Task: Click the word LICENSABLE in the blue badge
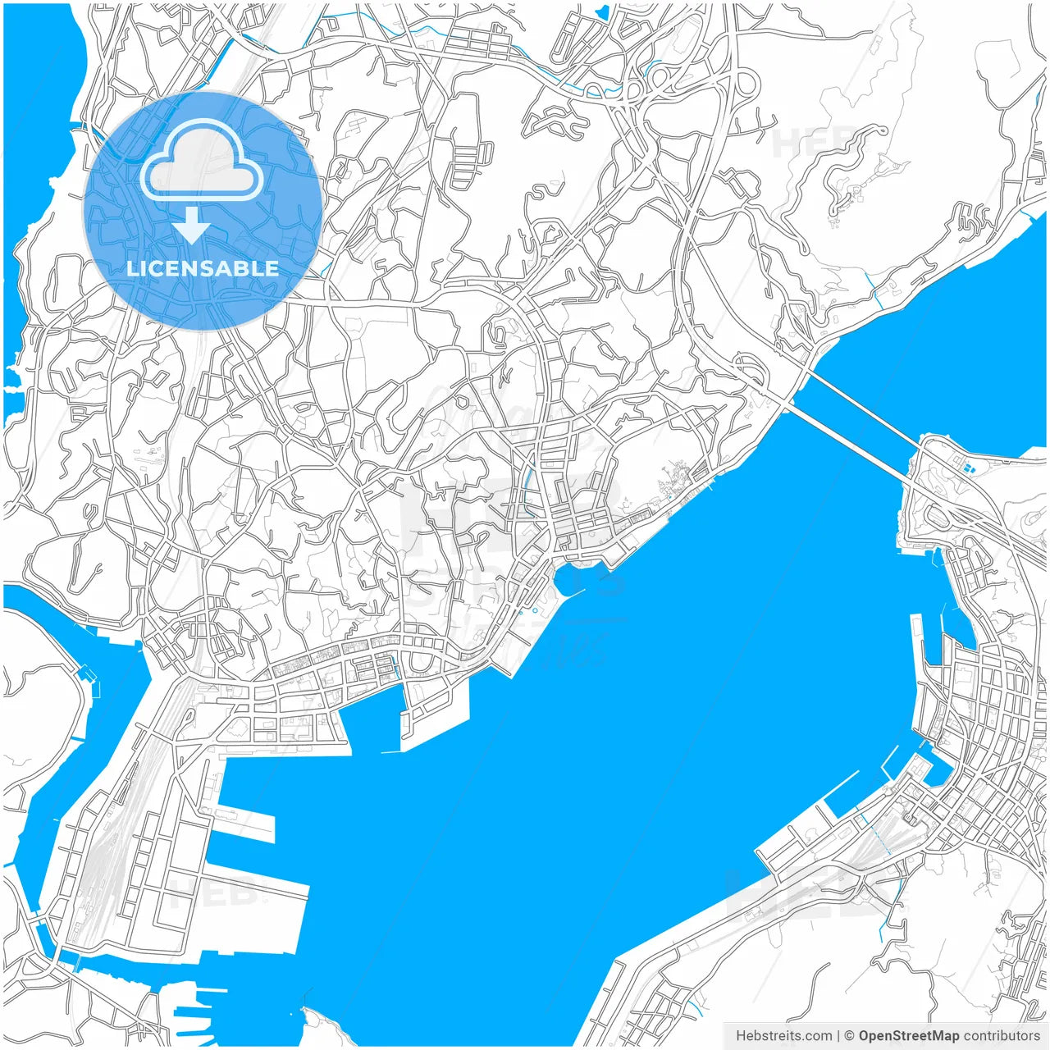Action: (203, 268)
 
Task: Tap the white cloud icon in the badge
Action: (202, 161)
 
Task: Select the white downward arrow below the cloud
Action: (193, 225)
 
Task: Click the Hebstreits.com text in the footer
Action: (783, 1036)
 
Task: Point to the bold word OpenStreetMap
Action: (908, 1036)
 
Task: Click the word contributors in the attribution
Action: (1001, 1036)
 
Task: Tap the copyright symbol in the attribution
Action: (850, 1036)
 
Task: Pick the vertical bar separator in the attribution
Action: (838, 1036)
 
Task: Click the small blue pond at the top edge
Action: (603, 11)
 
